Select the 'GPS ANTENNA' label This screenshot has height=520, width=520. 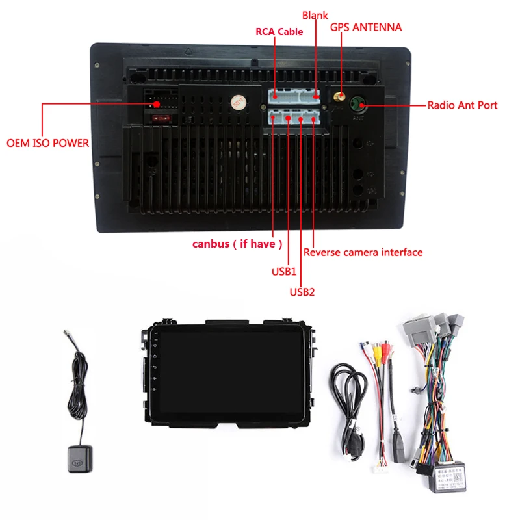(x=366, y=27)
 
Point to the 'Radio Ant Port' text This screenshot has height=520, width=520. (x=461, y=105)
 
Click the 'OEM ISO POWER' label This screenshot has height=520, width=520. (x=47, y=142)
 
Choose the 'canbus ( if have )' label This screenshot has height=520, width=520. (x=237, y=244)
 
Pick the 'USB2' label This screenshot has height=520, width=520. (x=302, y=292)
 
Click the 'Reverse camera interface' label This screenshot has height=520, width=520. (x=363, y=252)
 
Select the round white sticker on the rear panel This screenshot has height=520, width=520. (x=237, y=103)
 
